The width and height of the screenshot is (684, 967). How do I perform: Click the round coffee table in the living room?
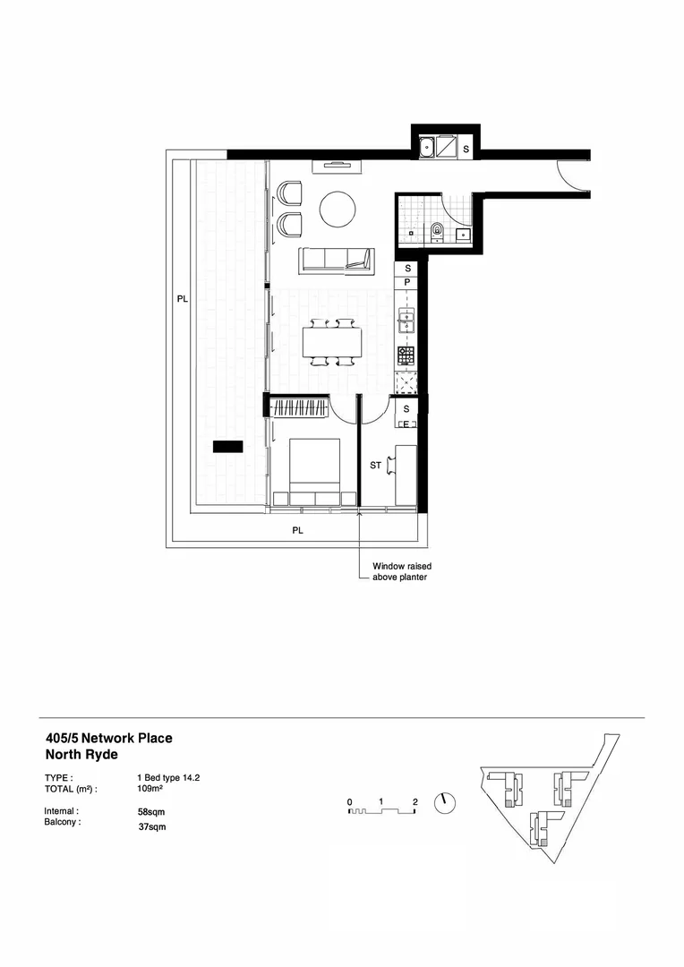coord(337,210)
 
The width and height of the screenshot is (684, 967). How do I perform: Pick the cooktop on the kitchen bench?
coord(406,355)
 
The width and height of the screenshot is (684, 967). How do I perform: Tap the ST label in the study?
coord(377,466)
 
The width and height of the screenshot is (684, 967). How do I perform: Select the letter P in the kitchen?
coord(407,282)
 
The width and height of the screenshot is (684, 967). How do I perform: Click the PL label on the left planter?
coord(182,300)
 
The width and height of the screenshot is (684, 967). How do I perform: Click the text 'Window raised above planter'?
coord(399,572)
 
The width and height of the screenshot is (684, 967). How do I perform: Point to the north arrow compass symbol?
coord(444,803)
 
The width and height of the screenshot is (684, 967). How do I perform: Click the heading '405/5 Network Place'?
coord(108,739)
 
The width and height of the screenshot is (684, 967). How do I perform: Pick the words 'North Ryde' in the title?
coord(81,755)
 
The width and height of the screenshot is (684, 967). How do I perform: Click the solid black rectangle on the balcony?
coord(227,445)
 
